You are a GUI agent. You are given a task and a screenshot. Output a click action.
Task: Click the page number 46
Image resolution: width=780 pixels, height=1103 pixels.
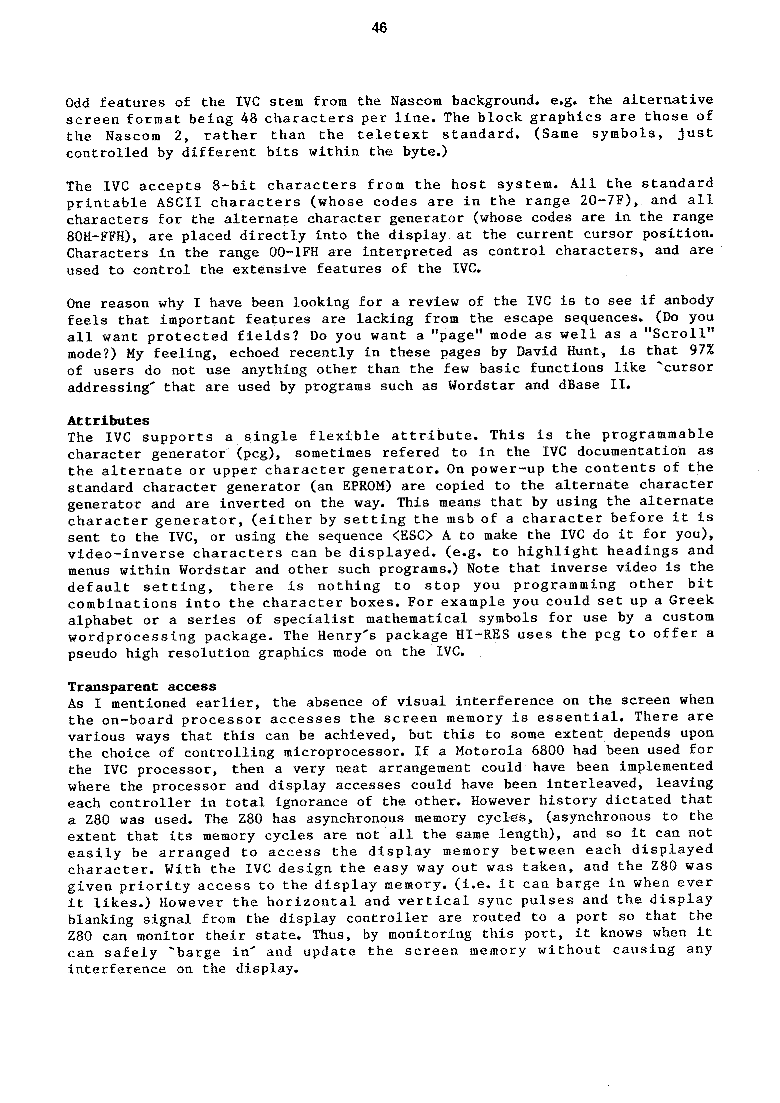pos(379,28)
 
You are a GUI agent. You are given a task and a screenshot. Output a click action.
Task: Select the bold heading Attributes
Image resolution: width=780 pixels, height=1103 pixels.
pos(109,420)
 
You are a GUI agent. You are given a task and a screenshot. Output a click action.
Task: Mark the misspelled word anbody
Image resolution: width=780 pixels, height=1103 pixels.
pos(689,301)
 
